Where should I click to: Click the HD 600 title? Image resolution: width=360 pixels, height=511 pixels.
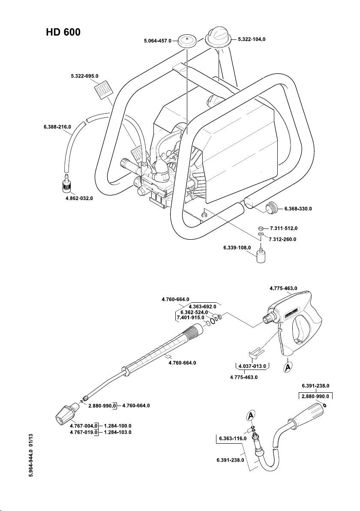pos(63,33)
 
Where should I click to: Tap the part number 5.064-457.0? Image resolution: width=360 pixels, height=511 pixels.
pos(157,41)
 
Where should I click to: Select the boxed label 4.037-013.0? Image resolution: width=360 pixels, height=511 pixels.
pos(251,366)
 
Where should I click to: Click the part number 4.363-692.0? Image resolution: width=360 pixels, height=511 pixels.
pos(202,307)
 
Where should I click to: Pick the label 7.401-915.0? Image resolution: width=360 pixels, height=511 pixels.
pos(191,318)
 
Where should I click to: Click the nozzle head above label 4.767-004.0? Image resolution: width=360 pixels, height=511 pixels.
pos(66,413)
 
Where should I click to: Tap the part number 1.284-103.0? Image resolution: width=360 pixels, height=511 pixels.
pos(117,432)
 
